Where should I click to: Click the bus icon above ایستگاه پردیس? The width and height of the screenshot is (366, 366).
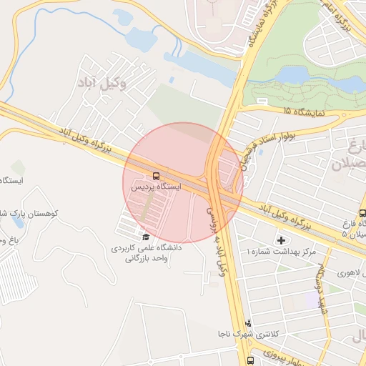155,175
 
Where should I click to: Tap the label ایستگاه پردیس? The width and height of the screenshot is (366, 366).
156,187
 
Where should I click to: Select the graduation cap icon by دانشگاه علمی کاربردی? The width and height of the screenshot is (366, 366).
146,237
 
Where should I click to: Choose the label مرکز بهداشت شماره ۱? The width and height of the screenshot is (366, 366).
280,252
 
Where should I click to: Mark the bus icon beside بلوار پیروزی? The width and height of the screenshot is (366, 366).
250,360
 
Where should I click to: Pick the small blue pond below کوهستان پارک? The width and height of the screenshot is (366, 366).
19,222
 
